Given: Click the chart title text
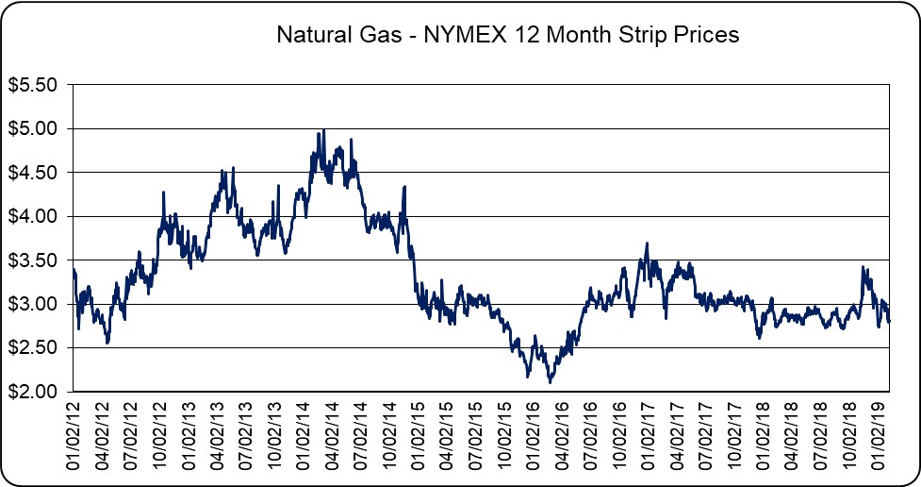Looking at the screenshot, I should coord(508,36).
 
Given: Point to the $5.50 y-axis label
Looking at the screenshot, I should coord(33,85).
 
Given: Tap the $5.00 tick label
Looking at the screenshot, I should coord(33,128).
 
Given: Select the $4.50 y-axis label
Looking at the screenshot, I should coord(33,173).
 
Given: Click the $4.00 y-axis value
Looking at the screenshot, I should coord(33,216).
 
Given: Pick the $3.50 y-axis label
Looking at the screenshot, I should coord(33,260).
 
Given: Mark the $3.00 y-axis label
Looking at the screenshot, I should coord(33,304).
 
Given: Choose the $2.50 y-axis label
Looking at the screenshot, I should coord(33,348).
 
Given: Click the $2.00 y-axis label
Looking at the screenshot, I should coord(33,392).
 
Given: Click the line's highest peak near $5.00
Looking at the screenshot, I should coord(324,130).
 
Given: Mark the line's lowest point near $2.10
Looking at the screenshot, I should coord(551,382).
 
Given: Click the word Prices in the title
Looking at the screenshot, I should coord(707,36).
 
